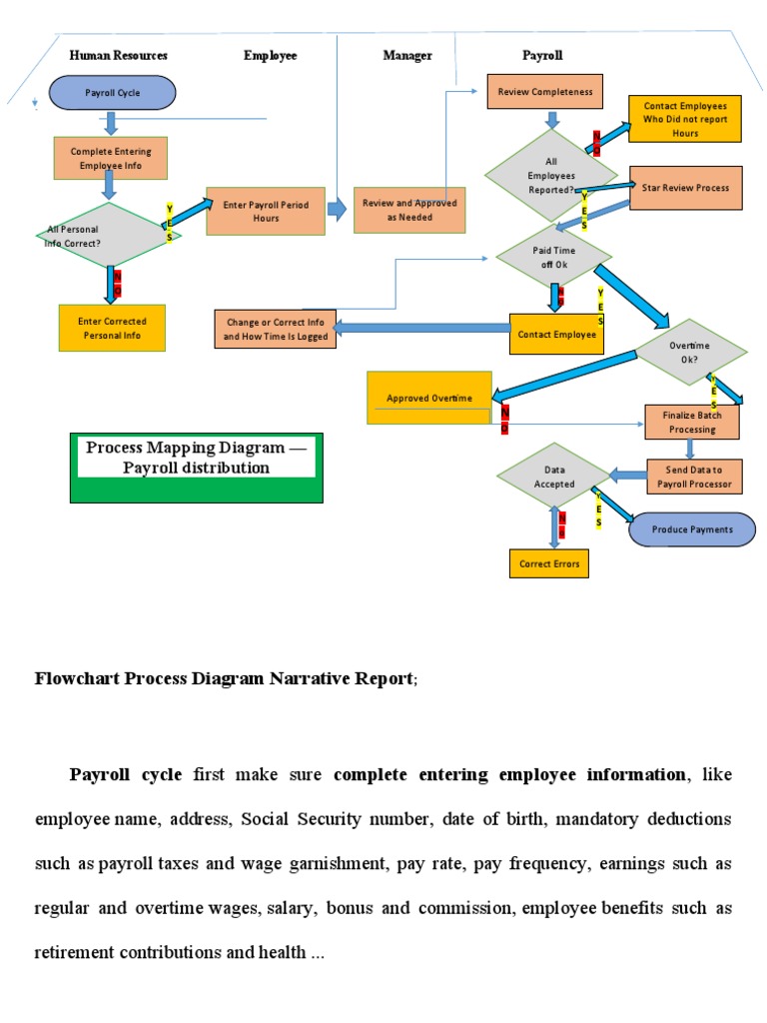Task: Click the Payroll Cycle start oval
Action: [x=113, y=93]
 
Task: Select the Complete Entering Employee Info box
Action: [x=110, y=158]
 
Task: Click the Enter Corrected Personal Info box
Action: [x=112, y=328]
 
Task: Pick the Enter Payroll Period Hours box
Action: [x=266, y=211]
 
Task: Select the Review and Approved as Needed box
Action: [x=409, y=210]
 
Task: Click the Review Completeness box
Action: [x=545, y=92]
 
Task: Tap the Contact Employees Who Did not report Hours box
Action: [x=685, y=119]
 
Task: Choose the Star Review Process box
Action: [x=685, y=188]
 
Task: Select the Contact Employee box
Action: [x=556, y=335]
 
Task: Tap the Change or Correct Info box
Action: [x=275, y=330]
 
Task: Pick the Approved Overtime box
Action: [x=429, y=398]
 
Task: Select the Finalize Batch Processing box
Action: [x=692, y=422]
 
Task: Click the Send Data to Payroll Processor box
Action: [x=694, y=478]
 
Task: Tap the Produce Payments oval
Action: [x=692, y=529]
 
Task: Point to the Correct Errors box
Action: [x=548, y=563]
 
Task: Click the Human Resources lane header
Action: [x=118, y=56]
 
